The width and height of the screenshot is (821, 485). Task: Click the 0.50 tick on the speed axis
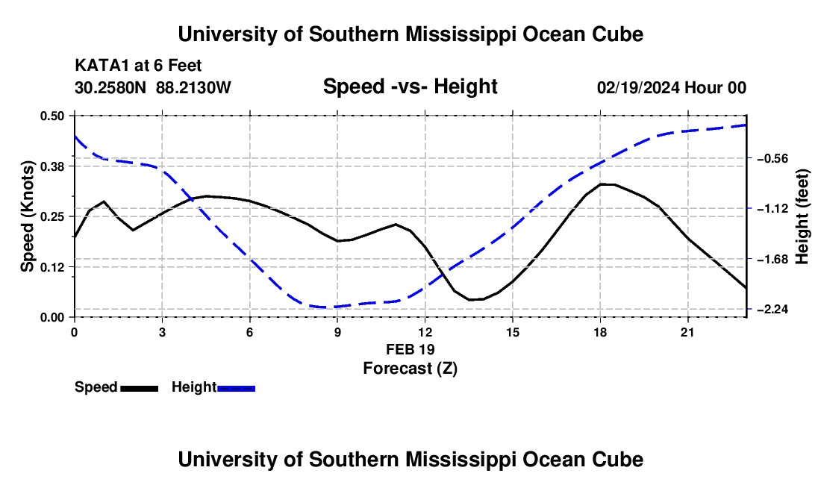pyautogui.click(x=51, y=116)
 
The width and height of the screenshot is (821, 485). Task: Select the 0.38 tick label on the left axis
pyautogui.click(x=51, y=166)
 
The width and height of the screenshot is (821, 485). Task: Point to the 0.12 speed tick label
pyautogui.click(x=51, y=267)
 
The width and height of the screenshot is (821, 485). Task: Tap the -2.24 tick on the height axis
pyautogui.click(x=772, y=310)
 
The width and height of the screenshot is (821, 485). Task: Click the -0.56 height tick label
pyautogui.click(x=772, y=158)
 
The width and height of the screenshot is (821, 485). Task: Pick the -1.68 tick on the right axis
pyautogui.click(x=772, y=260)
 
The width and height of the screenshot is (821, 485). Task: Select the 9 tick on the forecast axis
pyautogui.click(x=337, y=332)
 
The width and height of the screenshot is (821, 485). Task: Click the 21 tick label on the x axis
pyautogui.click(x=687, y=332)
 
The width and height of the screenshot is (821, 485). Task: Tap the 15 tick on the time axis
pyautogui.click(x=513, y=332)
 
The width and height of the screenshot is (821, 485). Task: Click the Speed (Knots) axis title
pyautogui.click(x=27, y=216)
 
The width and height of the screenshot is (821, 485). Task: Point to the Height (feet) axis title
pyautogui.click(x=802, y=216)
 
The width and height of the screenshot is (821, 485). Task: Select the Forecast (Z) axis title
pyautogui.click(x=410, y=369)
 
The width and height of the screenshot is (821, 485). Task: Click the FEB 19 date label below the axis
pyautogui.click(x=410, y=349)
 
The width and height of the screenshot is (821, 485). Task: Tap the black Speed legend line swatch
pyautogui.click(x=140, y=389)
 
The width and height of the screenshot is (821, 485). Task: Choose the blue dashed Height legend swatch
pyautogui.click(x=236, y=389)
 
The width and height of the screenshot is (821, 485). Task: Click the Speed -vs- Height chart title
pyautogui.click(x=410, y=87)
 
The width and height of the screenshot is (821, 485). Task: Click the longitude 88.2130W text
pyautogui.click(x=194, y=87)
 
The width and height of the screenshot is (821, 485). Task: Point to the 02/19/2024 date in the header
pyautogui.click(x=638, y=88)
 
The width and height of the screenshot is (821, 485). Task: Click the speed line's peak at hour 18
pyautogui.click(x=601, y=184)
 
